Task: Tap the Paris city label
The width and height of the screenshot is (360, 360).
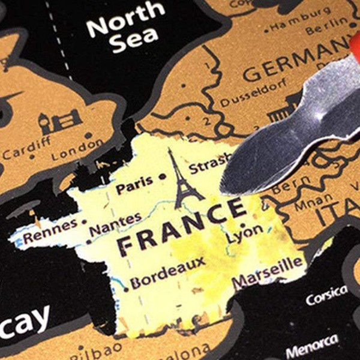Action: (x=134, y=187)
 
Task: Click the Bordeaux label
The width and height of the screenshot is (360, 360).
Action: (x=168, y=273)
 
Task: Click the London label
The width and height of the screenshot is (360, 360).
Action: (x=77, y=151)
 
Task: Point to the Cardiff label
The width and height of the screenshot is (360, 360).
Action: (x=23, y=150)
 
